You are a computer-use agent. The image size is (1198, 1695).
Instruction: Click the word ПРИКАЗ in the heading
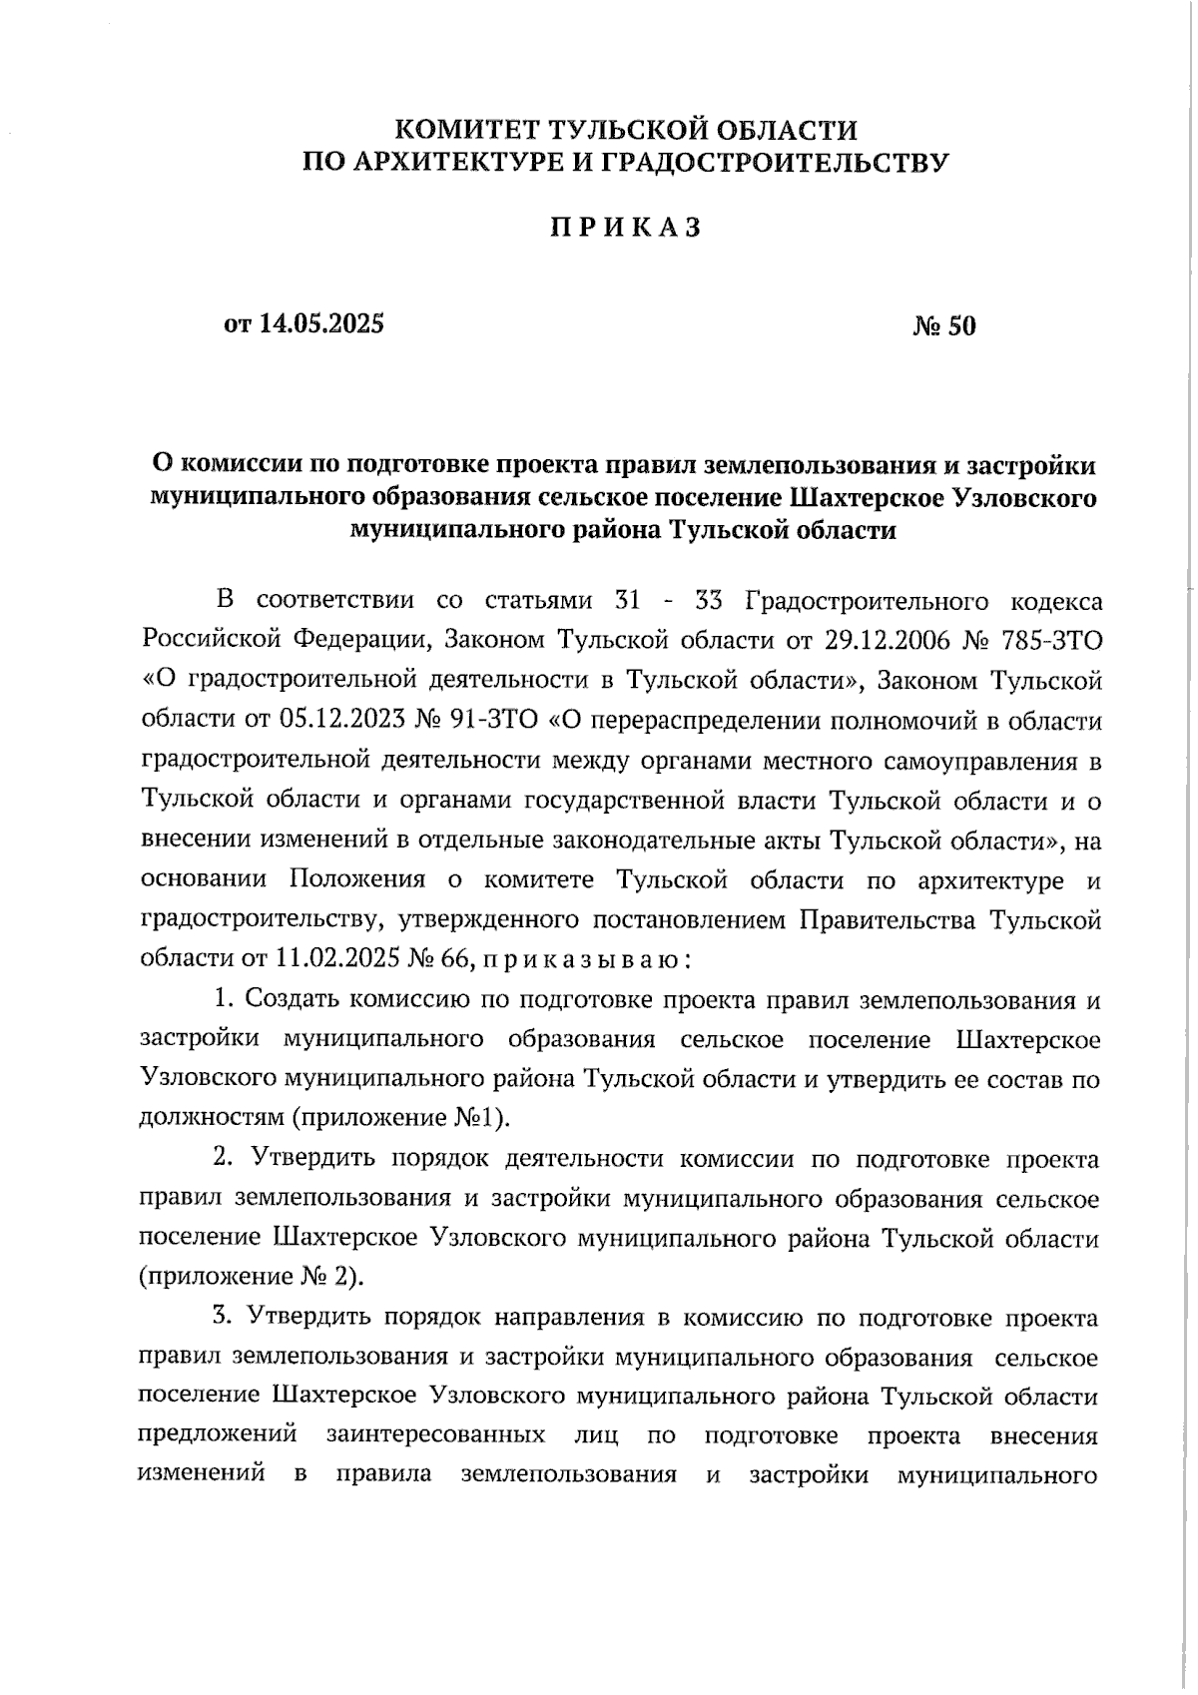point(626,229)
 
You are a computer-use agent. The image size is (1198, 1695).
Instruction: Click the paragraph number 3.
point(222,1317)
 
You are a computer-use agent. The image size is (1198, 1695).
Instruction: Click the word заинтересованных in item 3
point(435,1435)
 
